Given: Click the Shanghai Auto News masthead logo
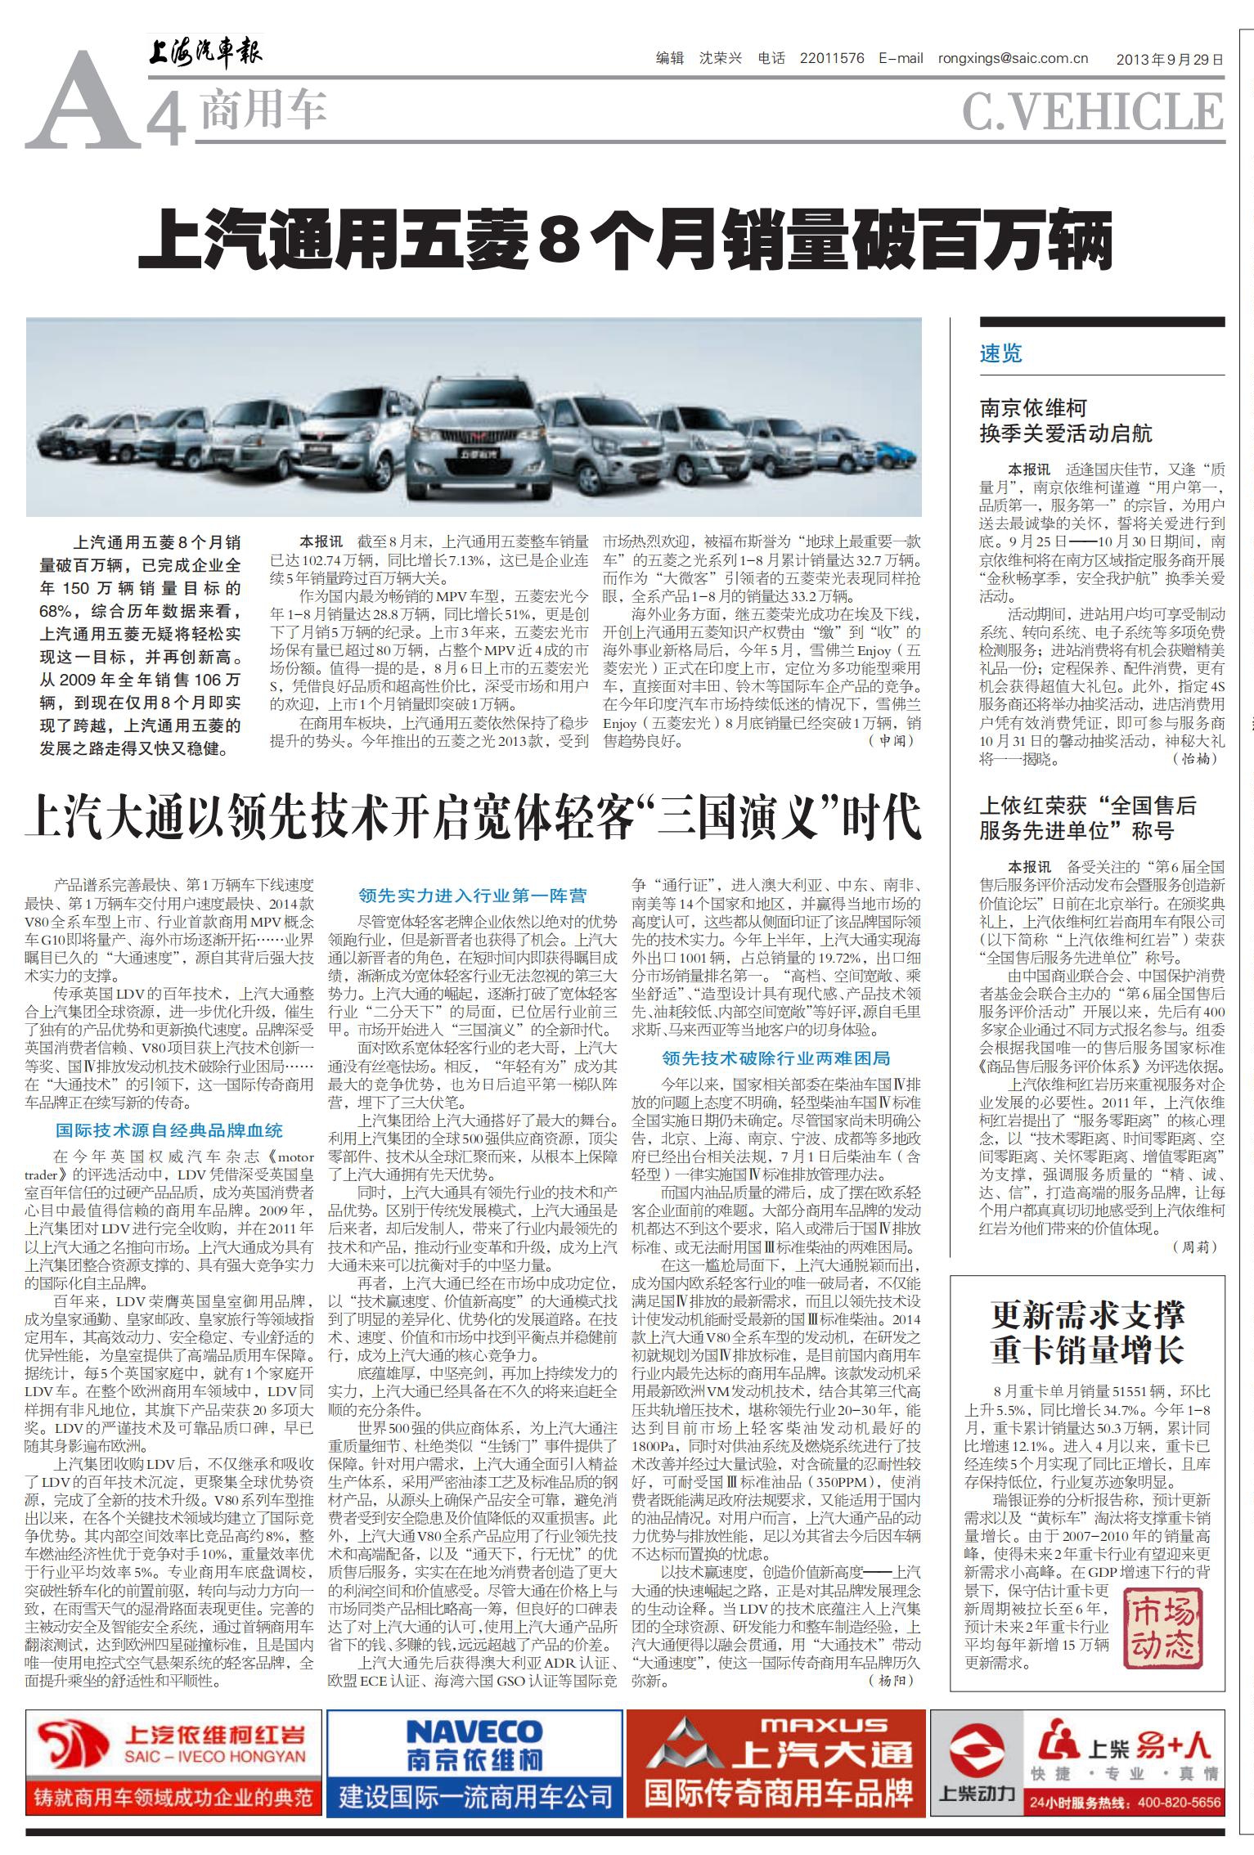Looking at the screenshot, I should click(205, 56).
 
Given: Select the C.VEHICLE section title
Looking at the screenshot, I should click(1092, 111).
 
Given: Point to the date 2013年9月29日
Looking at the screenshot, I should click(1170, 59).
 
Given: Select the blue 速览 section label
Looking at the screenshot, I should click(1001, 354).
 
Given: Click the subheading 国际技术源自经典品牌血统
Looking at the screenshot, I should click(169, 1130).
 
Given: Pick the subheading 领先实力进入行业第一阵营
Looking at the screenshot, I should click(473, 896).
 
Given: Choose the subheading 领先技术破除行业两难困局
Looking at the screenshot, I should click(775, 1058).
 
